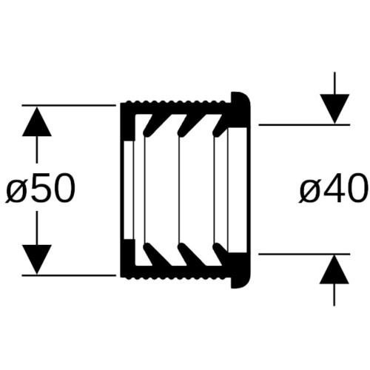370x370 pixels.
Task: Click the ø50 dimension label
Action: coord(40,188)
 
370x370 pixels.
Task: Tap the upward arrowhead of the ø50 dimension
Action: coord(37,121)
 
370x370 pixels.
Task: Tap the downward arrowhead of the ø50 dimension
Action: coord(37,259)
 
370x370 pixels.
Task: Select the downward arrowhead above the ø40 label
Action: coord(334,109)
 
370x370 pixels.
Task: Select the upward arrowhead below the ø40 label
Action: coord(334,269)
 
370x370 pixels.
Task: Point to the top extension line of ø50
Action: coord(69,105)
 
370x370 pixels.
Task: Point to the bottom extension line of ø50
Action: coord(69,275)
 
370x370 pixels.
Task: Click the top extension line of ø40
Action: coord(304,125)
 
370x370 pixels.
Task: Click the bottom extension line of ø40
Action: coord(304,254)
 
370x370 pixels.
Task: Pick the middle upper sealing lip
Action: coord(186,126)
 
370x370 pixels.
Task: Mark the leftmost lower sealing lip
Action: coord(152,254)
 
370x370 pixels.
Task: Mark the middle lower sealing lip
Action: coord(186,254)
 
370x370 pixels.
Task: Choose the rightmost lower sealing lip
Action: coord(220,253)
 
